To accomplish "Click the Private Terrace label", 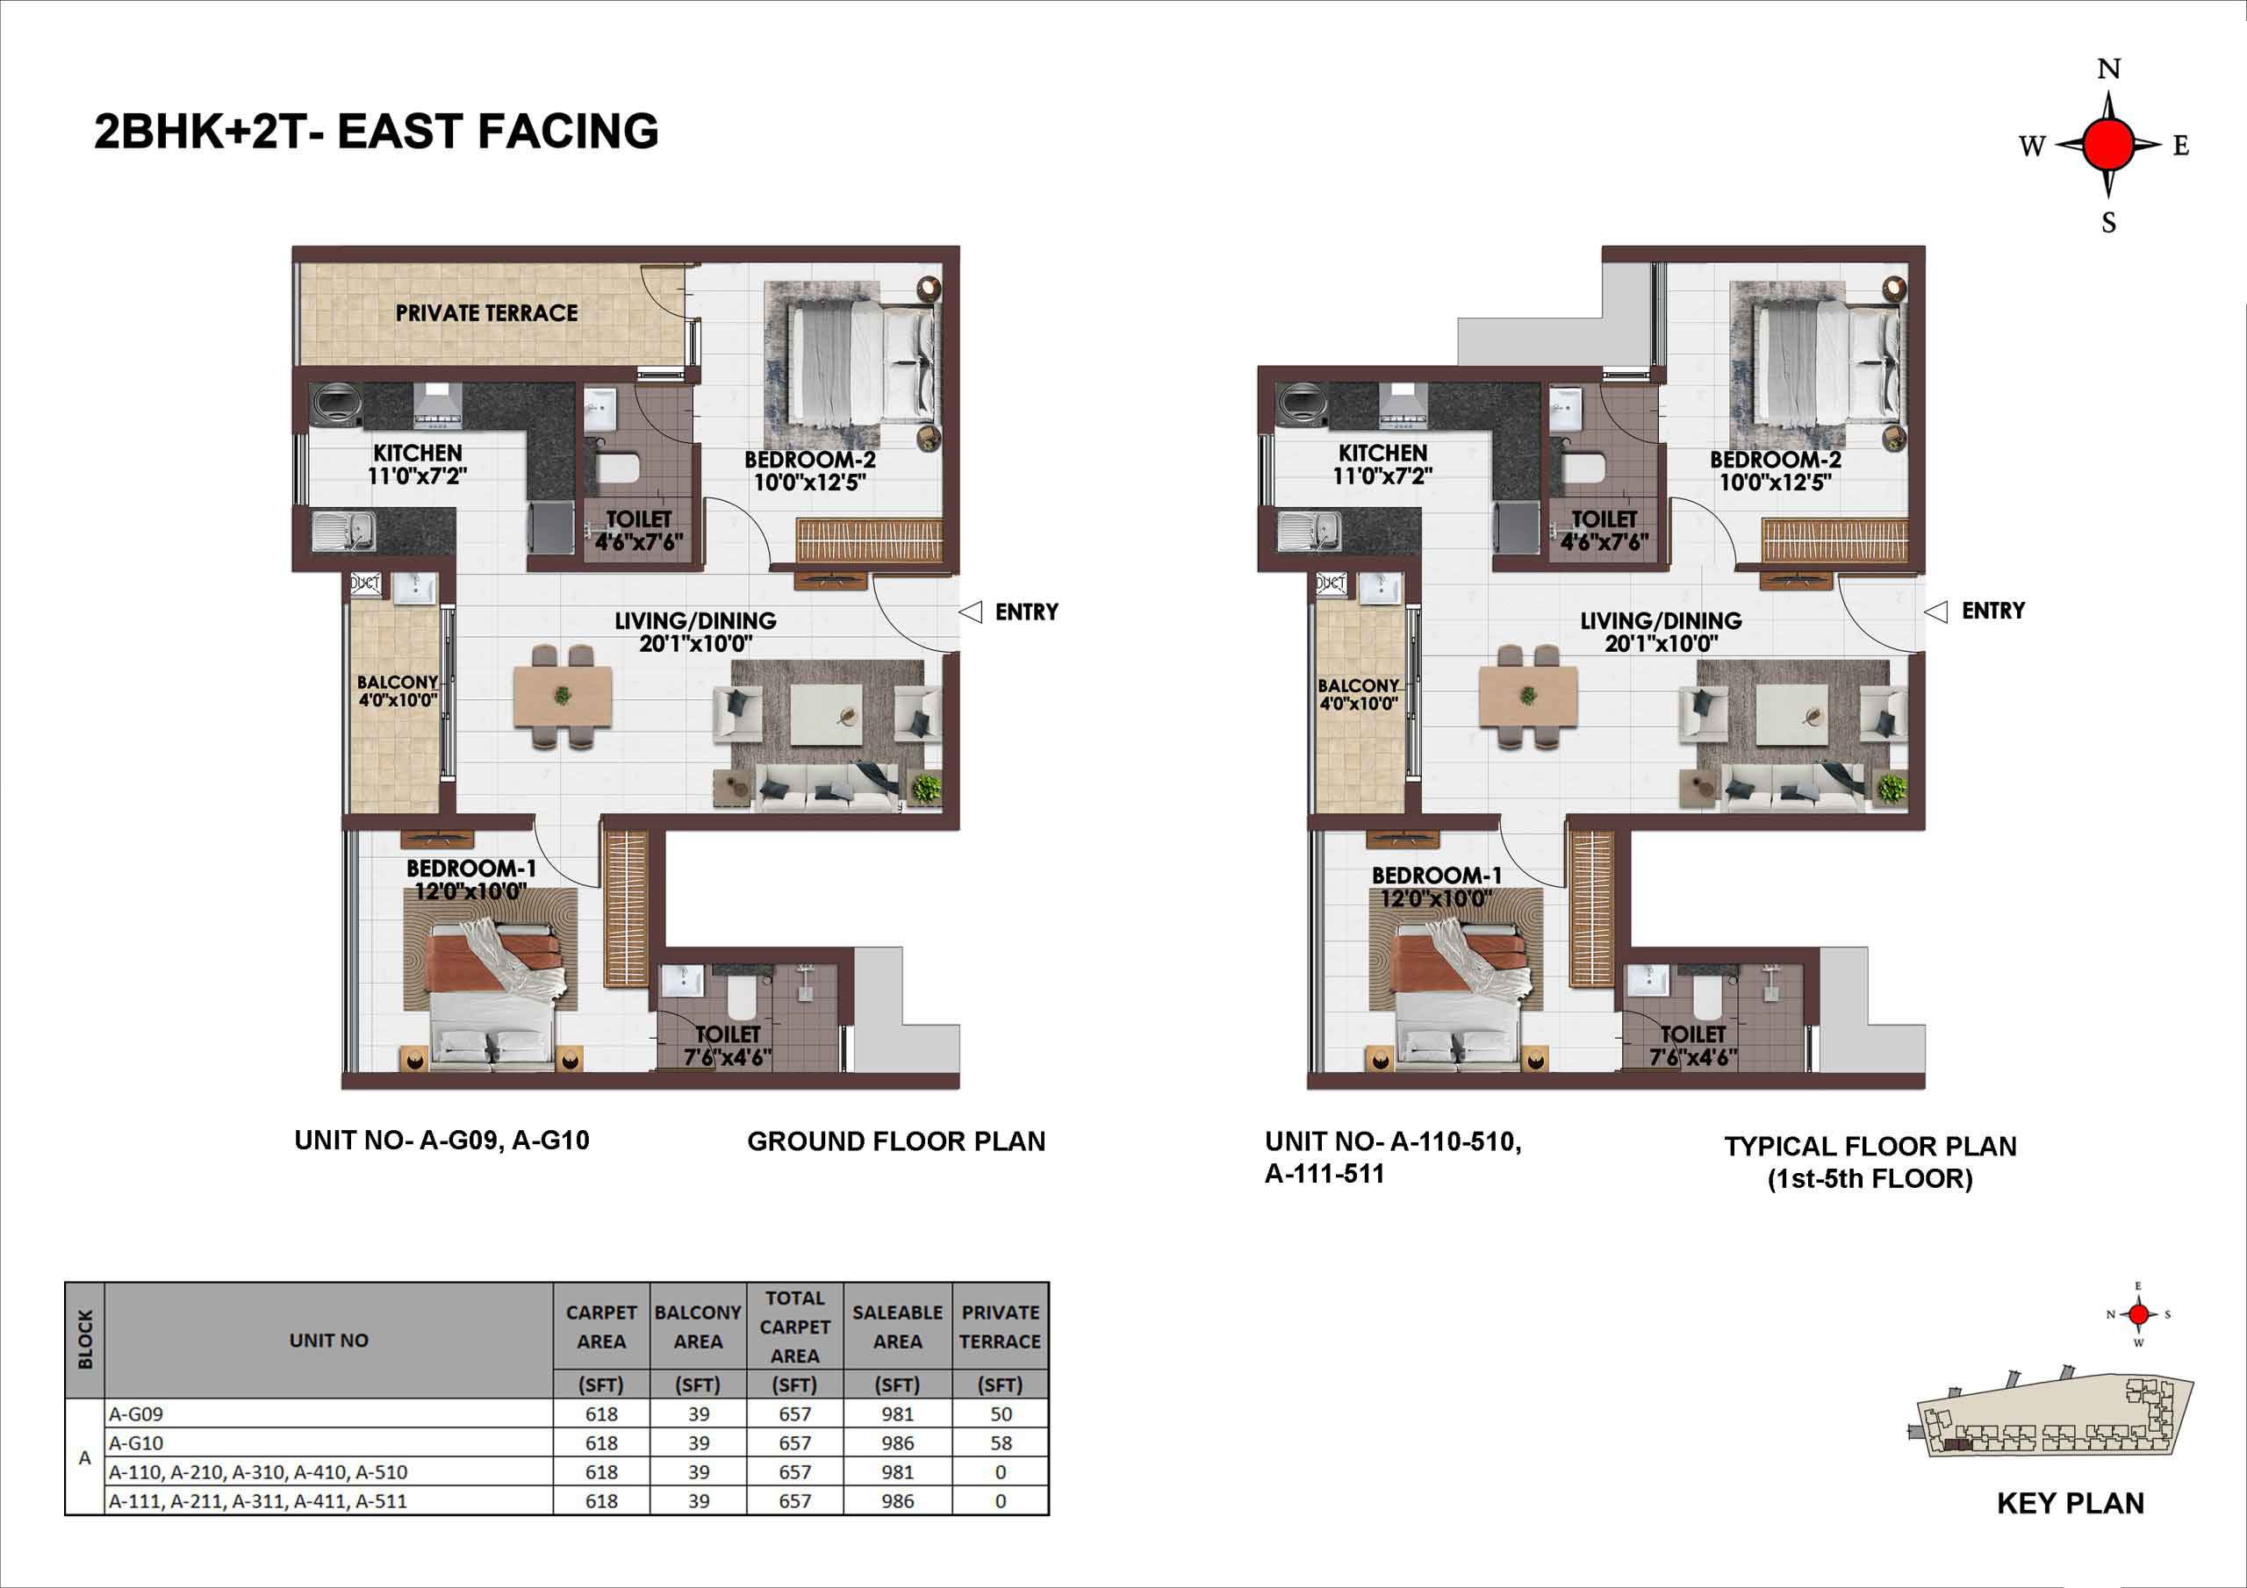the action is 486,313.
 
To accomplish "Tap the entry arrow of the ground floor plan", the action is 970,612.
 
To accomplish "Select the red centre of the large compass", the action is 2108,145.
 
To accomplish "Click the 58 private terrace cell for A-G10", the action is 1001,1442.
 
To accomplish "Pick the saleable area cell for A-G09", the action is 896,1413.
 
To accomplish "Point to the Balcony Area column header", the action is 698,1327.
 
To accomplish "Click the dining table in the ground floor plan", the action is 563,697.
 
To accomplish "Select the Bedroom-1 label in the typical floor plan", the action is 1436,876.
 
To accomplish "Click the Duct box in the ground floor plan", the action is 365,583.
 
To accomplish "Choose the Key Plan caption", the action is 2070,1503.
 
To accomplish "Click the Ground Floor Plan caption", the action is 895,1141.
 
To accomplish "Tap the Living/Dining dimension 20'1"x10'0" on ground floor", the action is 696,644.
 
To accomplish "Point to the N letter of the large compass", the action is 2109,69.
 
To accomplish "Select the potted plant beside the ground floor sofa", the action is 925,788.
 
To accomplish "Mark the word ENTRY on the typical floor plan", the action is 1993,611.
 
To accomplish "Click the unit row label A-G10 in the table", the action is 136,1442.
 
